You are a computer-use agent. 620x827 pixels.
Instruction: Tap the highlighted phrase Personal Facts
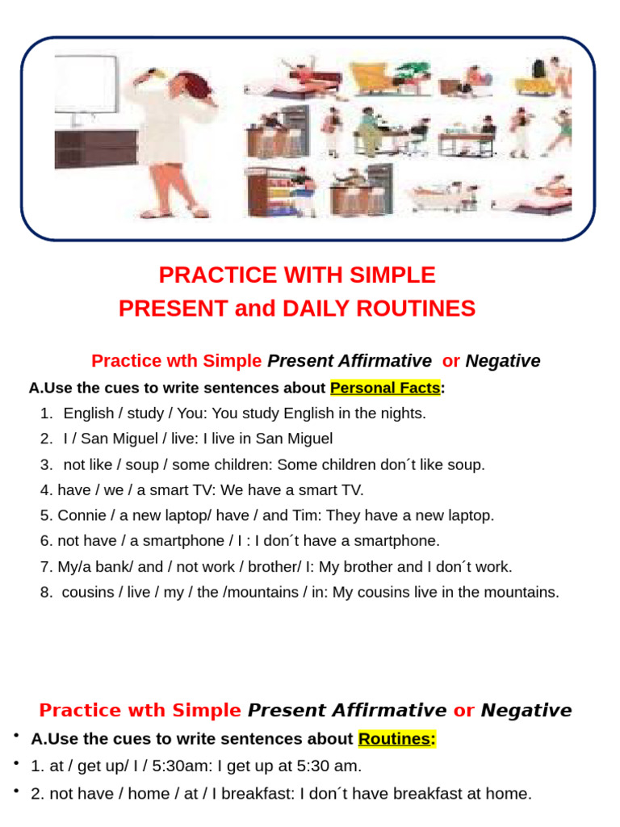pyautogui.click(x=385, y=388)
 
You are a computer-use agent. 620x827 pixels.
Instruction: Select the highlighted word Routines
pyautogui.click(x=396, y=739)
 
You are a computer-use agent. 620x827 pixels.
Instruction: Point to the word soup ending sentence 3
pyautogui.click(x=467, y=464)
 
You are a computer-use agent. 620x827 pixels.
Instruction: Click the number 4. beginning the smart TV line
pyautogui.click(x=46, y=490)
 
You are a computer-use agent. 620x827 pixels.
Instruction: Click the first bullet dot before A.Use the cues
pyautogui.click(x=15, y=737)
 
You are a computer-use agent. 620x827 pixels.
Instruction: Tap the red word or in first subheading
pyautogui.click(x=450, y=361)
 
